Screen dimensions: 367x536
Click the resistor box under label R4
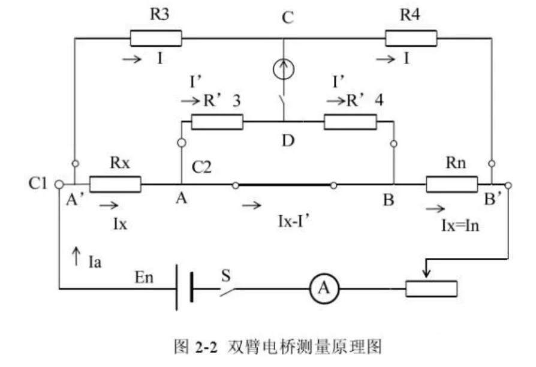tap(411, 38)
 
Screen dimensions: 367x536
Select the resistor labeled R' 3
tap(217, 122)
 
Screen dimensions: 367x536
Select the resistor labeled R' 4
tap(350, 122)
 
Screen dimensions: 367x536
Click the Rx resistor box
tap(115, 184)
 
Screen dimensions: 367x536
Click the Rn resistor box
tap(451, 184)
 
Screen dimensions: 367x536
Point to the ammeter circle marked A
tap(323, 289)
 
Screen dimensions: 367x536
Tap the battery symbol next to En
tap(183, 289)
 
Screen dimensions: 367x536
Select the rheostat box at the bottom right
tap(431, 289)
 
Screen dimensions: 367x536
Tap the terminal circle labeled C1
tap(59, 184)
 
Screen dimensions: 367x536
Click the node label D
tap(288, 142)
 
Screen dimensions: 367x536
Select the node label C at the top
tap(288, 18)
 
